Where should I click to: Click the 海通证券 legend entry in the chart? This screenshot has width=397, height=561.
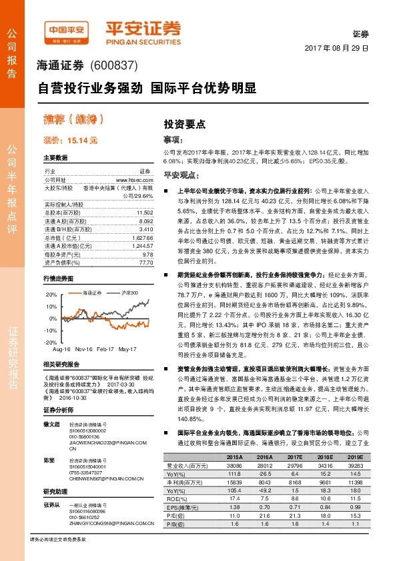point(91,275)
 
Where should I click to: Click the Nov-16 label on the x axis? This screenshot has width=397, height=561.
point(83,349)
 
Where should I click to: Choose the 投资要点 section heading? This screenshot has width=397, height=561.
point(184,123)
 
